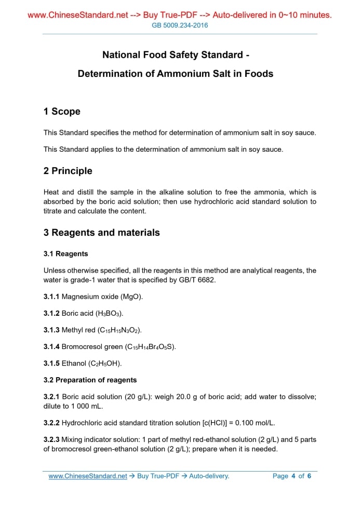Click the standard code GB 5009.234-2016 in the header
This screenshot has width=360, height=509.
180,25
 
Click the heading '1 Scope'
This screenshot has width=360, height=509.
62,112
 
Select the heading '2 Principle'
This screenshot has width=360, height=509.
68,171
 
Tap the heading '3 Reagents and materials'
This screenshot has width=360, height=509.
102,233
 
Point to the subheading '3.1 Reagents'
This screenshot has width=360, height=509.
66,254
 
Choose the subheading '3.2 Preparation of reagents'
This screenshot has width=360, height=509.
90,380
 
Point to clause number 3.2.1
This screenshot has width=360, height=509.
52,397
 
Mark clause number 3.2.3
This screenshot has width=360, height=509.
52,440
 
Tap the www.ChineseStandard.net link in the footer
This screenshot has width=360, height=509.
88,476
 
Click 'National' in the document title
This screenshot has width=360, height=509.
121,55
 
